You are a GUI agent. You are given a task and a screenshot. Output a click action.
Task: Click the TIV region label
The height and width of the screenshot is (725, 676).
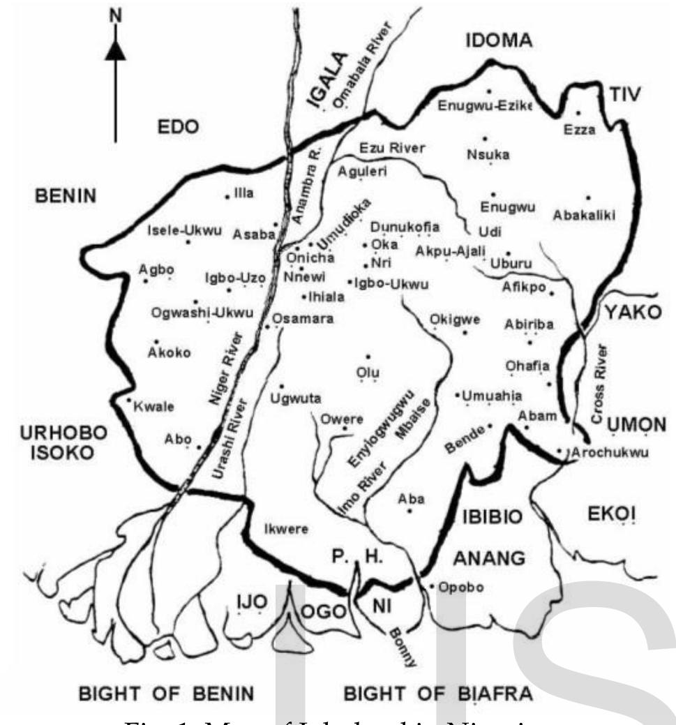pos(624,96)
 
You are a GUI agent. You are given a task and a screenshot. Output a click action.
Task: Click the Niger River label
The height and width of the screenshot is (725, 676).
pos(225,369)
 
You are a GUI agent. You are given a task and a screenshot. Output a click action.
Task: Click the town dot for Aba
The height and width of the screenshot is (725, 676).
pos(410,511)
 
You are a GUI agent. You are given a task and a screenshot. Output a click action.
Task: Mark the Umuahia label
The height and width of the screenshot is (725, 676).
pos(492,396)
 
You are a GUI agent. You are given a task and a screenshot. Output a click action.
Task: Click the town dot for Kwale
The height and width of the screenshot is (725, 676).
pos(129,400)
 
